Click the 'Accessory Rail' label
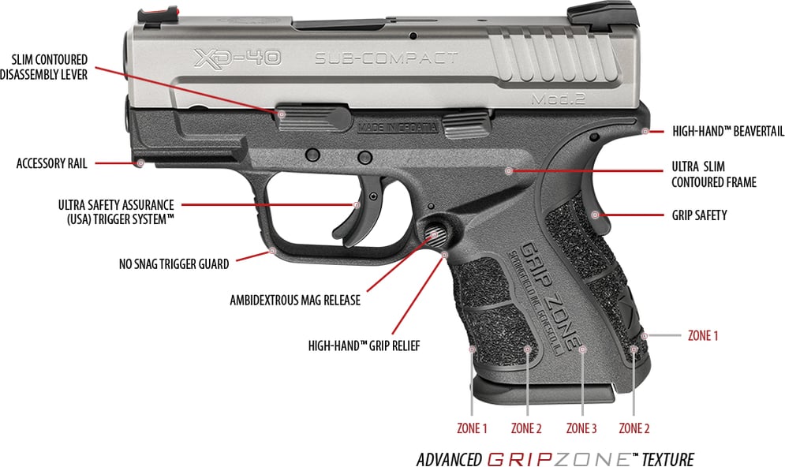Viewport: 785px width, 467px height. pos(51,164)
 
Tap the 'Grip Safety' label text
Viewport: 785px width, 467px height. pos(699,215)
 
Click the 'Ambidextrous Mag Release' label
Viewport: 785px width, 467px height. pos(295,301)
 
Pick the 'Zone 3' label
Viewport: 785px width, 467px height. pos(581,429)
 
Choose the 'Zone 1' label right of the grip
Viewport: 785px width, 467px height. pos(703,335)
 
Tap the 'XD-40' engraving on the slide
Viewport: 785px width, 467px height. pos(236,58)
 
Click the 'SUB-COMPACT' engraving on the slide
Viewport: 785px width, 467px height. pos(386,58)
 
